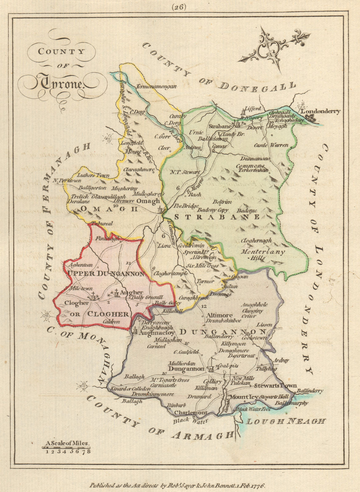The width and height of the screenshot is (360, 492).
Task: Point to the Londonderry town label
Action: pyautogui.click(x=320, y=111)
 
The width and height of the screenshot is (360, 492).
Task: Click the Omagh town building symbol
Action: pyautogui.click(x=160, y=210)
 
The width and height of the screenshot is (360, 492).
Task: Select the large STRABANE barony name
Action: pyautogui.click(x=217, y=217)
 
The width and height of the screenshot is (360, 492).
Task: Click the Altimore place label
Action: pyautogui.click(x=217, y=315)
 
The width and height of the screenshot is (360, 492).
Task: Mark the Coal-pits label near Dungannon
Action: pyautogui.click(x=228, y=366)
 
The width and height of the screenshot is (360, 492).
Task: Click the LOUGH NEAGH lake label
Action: pyautogui.click(x=286, y=421)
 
